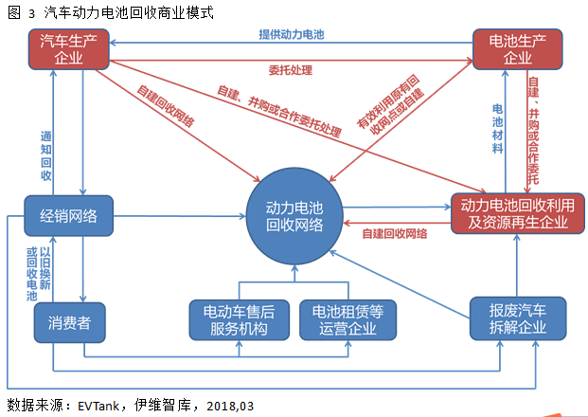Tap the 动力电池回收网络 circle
(294, 216)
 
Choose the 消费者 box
(69, 321)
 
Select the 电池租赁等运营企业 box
(347, 320)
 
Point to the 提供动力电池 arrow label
(292, 34)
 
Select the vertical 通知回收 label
(46, 155)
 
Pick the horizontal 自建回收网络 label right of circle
(394, 232)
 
